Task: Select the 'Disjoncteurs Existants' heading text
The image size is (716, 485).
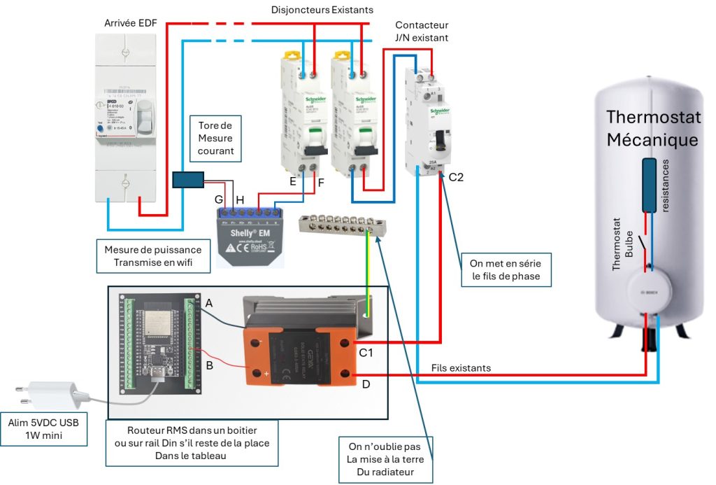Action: [322, 10]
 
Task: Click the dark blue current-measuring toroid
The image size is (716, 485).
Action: [188, 180]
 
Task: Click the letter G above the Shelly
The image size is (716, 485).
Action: [220, 200]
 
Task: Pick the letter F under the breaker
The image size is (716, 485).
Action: [321, 183]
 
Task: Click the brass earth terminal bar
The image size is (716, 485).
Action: [334, 225]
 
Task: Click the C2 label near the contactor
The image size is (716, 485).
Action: [457, 178]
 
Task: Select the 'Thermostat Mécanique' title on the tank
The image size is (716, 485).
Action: [652, 128]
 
